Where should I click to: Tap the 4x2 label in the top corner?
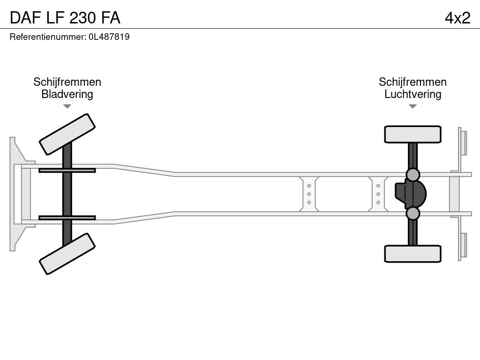(457, 17)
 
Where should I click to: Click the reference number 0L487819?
(109, 37)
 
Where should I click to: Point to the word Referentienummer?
(47, 37)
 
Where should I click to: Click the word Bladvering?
(67, 94)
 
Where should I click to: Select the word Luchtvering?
(412, 94)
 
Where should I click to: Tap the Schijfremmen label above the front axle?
(67, 82)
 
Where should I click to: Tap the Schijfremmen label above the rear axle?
(412, 82)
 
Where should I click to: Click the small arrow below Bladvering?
(67, 106)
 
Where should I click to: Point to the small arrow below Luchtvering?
(412, 106)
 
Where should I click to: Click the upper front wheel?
(67, 134)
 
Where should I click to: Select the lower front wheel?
(67, 254)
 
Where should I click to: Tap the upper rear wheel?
(412, 134)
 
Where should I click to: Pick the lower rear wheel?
(412, 254)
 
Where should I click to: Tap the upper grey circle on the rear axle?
(412, 175)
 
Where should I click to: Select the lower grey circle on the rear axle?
(412, 213)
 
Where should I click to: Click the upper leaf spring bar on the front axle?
(67, 170)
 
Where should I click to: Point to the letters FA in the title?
(110, 17)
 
